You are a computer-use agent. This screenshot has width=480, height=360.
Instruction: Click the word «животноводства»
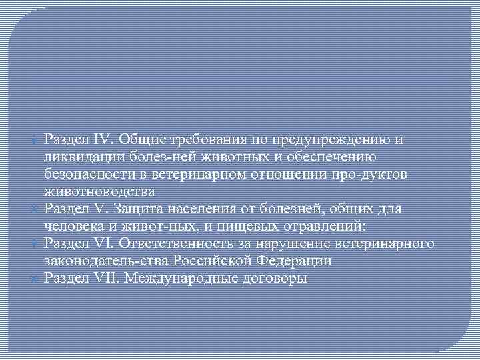100,192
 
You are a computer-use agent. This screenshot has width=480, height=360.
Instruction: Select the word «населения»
191,209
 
